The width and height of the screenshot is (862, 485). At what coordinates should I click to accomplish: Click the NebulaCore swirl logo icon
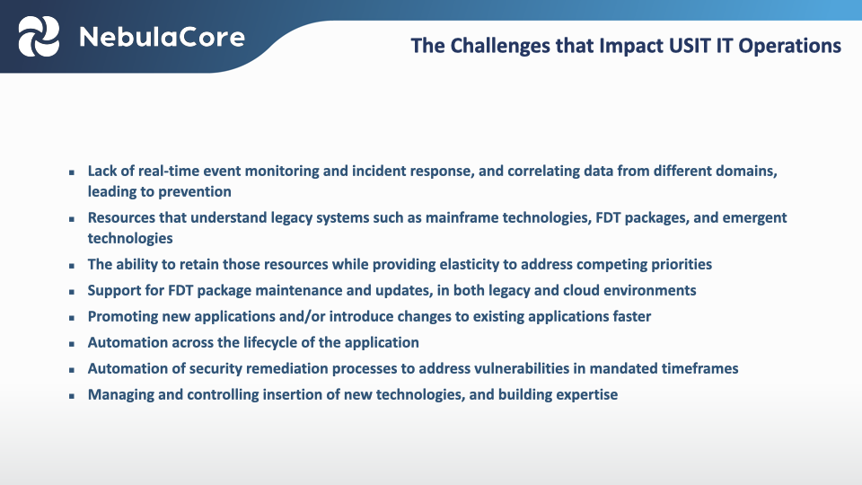40,37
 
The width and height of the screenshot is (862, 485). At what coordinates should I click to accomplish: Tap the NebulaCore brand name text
162,37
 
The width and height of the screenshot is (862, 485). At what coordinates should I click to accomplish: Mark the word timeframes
699,368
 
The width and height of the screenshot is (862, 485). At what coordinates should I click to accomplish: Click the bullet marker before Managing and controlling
72,395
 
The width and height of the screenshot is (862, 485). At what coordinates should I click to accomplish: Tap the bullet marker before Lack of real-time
72,172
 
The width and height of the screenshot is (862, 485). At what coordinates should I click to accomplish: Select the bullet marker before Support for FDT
72,291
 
